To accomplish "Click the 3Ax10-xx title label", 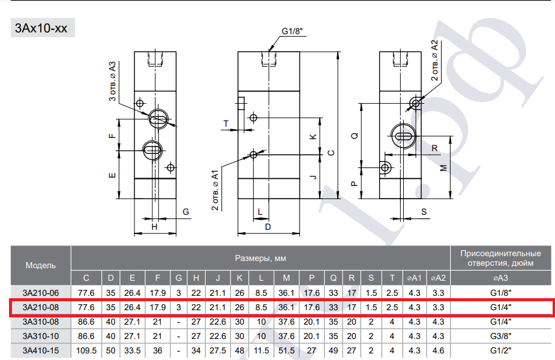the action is point(41,28).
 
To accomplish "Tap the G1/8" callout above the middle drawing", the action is point(292,31).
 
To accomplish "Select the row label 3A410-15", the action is point(41,350).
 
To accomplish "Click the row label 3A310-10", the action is point(41,336).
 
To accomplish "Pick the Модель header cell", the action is point(41,265).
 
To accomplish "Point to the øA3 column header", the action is point(500,278).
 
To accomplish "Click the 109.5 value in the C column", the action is point(86,350).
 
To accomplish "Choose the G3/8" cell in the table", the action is point(501,336).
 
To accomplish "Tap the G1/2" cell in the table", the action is point(501,350).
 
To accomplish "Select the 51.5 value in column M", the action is point(286,350).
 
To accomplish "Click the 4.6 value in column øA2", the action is point(438,350).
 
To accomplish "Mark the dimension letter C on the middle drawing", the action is point(331,153).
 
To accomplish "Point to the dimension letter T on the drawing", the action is point(226,124).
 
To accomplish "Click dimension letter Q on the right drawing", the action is point(355,136).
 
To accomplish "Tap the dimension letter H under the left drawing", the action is point(154,227).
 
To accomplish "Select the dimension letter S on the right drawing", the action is point(424,212).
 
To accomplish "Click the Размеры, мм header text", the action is point(260,259).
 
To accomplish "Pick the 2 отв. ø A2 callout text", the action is point(434,60).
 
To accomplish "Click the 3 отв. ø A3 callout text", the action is point(112,82).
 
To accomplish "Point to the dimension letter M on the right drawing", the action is point(443,168).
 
